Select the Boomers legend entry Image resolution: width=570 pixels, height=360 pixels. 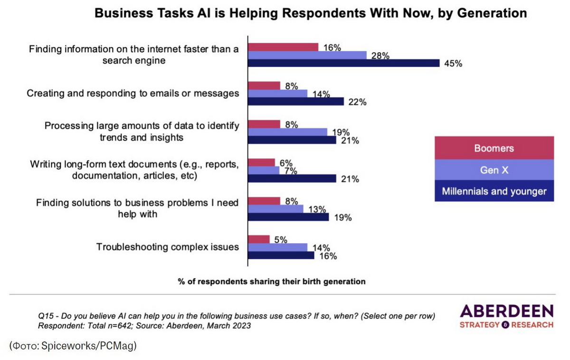tap(494, 148)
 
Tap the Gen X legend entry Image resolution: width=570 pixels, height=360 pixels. tap(494, 170)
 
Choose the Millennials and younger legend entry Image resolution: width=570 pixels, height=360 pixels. tap(494, 191)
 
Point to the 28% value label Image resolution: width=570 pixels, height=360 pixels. tap(380, 56)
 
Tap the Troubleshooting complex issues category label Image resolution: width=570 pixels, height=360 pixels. tap(168, 247)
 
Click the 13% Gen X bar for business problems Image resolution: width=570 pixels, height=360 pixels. tap(276, 209)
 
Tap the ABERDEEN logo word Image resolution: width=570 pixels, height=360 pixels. tap(506, 312)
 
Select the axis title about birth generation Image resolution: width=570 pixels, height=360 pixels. tap(272, 281)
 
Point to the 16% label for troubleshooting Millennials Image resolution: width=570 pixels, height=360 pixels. tap(328, 256)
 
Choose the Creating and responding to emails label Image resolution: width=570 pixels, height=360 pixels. tap(133, 94)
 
